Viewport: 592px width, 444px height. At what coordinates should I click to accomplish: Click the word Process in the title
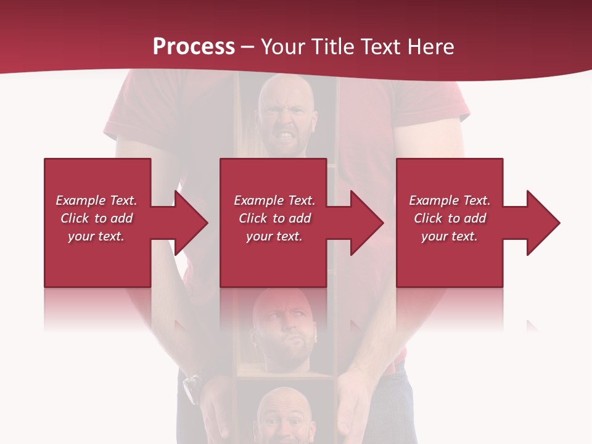[194, 47]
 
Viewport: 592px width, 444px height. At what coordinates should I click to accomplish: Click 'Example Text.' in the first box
[96, 200]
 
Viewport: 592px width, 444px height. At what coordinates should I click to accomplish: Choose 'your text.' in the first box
[96, 236]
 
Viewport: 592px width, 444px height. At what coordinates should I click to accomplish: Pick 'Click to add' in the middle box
[274, 218]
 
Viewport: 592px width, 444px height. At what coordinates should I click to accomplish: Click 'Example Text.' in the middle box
[274, 200]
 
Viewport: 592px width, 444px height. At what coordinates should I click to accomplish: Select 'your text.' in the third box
[449, 236]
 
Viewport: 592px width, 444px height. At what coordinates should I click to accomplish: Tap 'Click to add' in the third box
[450, 218]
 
